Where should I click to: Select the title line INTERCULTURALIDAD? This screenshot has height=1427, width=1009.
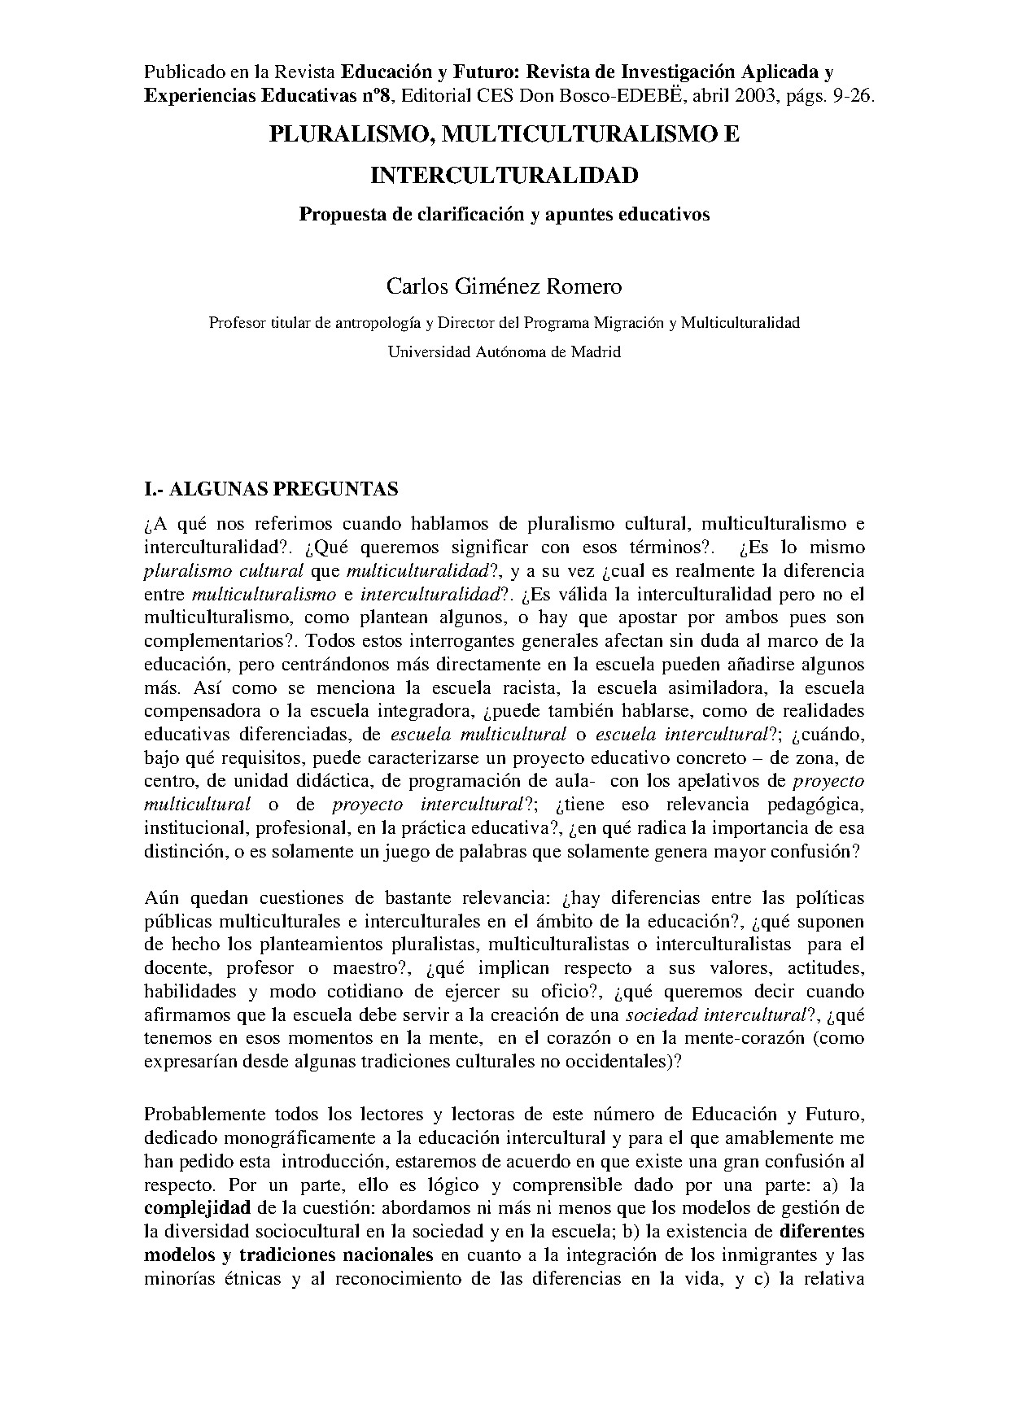coord(504,176)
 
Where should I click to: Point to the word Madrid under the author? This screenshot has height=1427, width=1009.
coord(596,352)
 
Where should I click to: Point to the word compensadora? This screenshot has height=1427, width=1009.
coord(195,712)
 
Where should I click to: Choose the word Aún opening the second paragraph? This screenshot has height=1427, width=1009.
coord(161,898)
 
